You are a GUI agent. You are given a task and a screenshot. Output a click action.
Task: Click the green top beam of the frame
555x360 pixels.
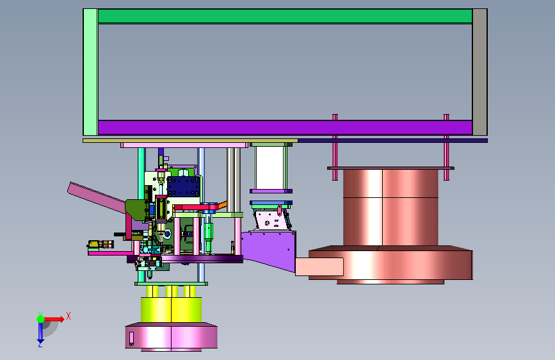(285, 16)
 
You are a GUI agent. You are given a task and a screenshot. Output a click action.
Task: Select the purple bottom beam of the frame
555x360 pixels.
(285, 127)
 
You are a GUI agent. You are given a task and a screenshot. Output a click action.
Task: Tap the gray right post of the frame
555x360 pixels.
(479, 72)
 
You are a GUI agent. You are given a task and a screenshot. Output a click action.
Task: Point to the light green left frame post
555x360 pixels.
(91, 72)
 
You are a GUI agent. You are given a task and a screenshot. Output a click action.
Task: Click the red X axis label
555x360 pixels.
(68, 316)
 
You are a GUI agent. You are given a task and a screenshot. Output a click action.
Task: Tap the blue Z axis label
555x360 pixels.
(40, 344)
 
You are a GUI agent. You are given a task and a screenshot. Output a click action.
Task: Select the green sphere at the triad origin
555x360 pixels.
(40, 319)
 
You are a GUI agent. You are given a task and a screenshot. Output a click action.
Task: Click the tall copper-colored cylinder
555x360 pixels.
(390, 208)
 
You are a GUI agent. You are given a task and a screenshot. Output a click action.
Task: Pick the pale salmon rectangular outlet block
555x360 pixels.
(319, 267)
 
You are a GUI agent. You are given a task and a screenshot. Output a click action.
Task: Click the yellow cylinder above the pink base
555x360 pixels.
(172, 309)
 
